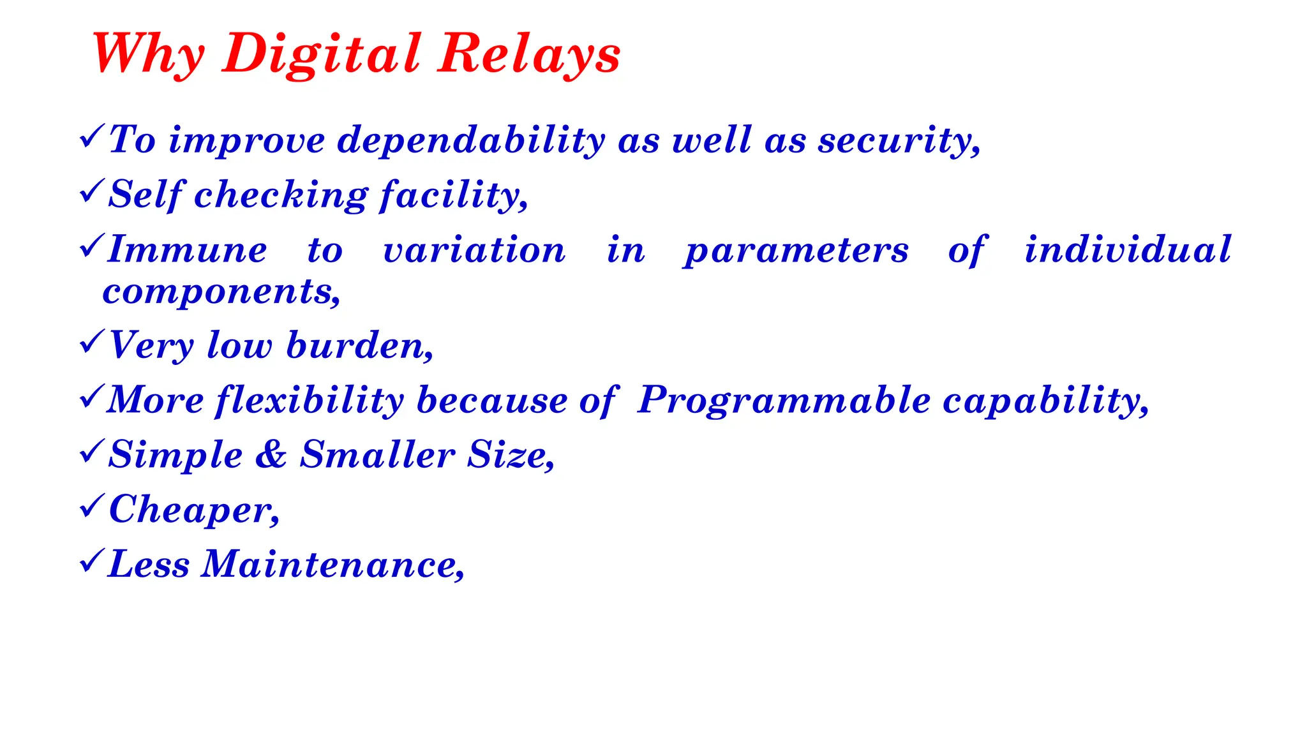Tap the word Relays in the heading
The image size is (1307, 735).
529,54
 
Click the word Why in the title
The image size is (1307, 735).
148,54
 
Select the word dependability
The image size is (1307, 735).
471,140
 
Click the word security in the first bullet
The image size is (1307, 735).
899,140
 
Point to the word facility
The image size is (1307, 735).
453,195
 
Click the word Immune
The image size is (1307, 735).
188,249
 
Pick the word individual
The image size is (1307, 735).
1128,249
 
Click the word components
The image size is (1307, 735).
221,292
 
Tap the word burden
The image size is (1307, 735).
359,346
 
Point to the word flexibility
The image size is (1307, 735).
310,401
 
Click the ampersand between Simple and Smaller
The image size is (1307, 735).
271,455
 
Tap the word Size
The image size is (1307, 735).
510,455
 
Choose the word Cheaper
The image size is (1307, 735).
193,510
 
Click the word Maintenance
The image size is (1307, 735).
332,565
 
